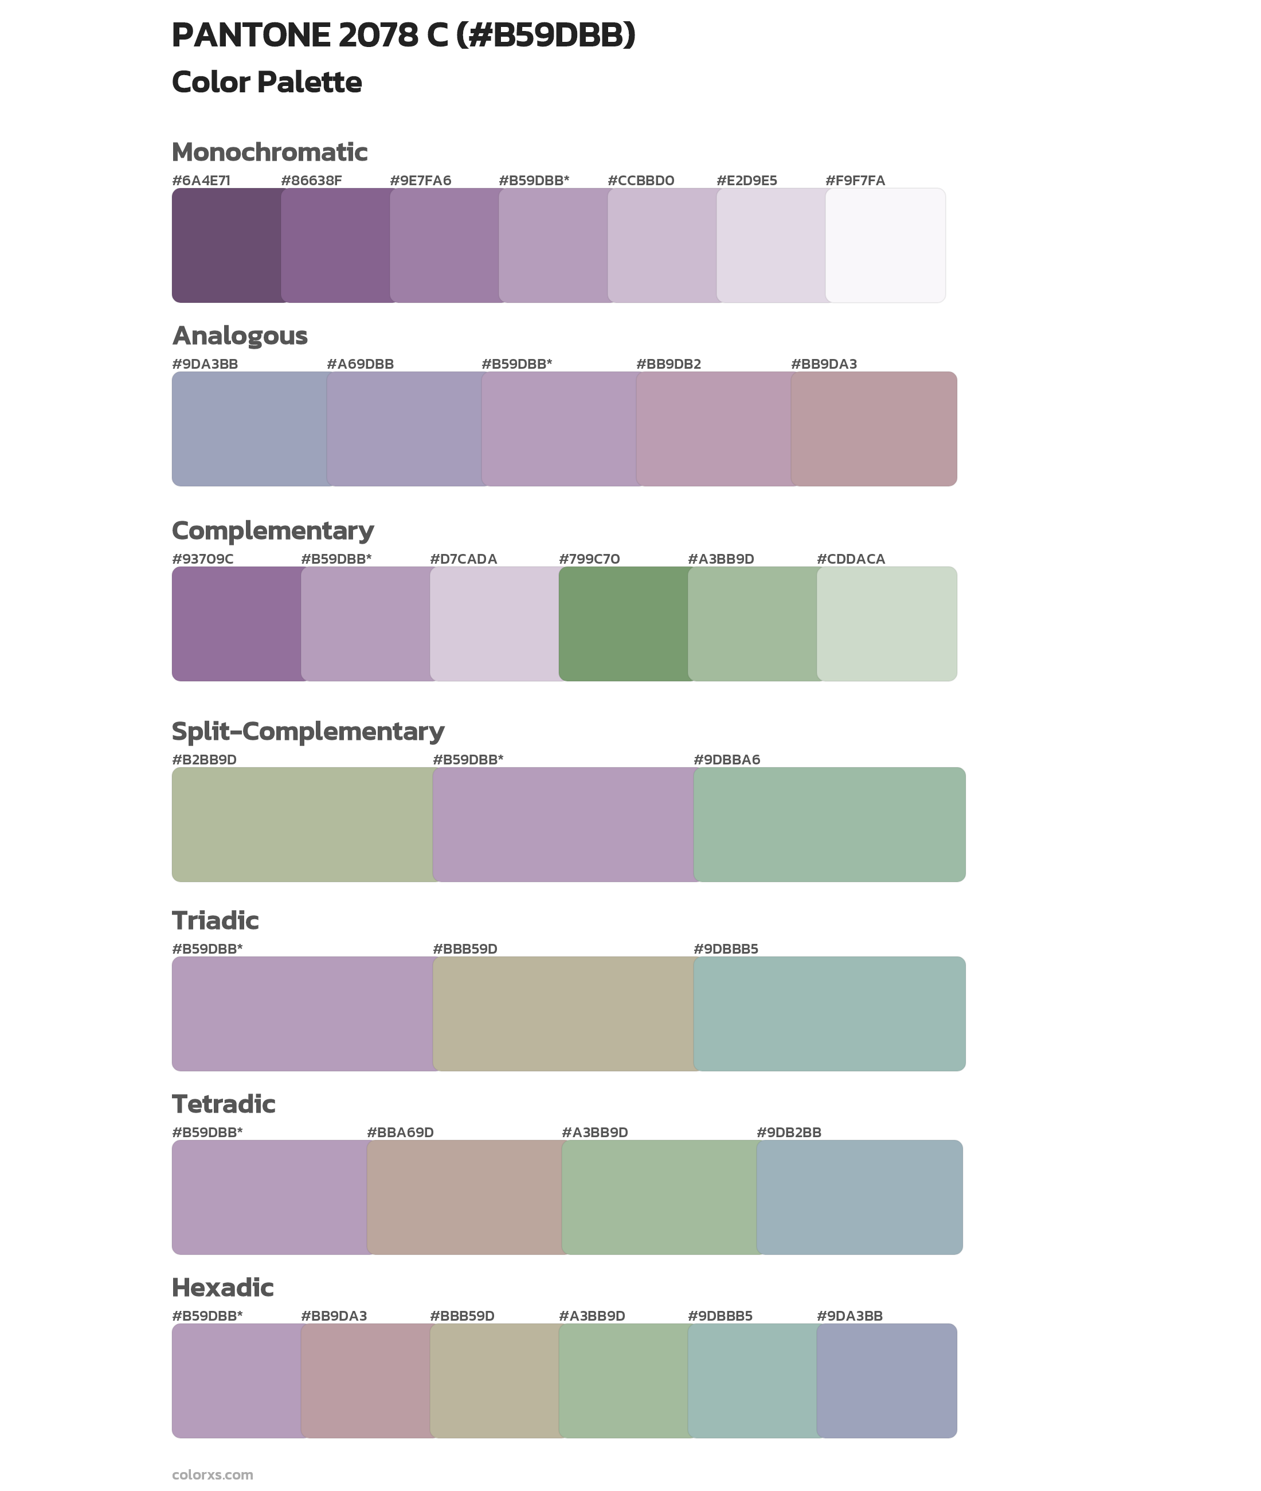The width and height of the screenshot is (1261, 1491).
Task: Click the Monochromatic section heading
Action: point(269,153)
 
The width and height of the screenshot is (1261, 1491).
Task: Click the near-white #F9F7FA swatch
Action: point(886,245)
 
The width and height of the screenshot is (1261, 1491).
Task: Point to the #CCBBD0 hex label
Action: point(640,180)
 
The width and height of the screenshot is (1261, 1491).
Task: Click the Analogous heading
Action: point(240,335)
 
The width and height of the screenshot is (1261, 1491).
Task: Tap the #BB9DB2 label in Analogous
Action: point(668,364)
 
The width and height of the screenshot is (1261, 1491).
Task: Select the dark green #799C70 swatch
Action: point(624,623)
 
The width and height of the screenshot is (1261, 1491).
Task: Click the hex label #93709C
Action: point(202,559)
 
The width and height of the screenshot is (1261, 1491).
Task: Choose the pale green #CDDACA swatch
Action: point(886,623)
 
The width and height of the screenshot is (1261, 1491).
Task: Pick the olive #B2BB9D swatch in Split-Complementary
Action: point(303,825)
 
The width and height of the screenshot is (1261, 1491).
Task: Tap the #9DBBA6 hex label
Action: point(726,759)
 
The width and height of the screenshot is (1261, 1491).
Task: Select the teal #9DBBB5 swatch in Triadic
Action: point(829,1013)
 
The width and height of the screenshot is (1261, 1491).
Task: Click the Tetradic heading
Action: point(224,1103)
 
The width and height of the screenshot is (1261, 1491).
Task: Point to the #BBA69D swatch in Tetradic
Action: point(465,1197)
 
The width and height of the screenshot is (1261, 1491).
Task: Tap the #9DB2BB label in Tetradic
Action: point(789,1132)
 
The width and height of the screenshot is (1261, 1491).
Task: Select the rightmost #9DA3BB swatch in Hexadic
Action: point(886,1380)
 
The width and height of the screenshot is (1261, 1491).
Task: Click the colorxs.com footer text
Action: point(212,1474)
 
